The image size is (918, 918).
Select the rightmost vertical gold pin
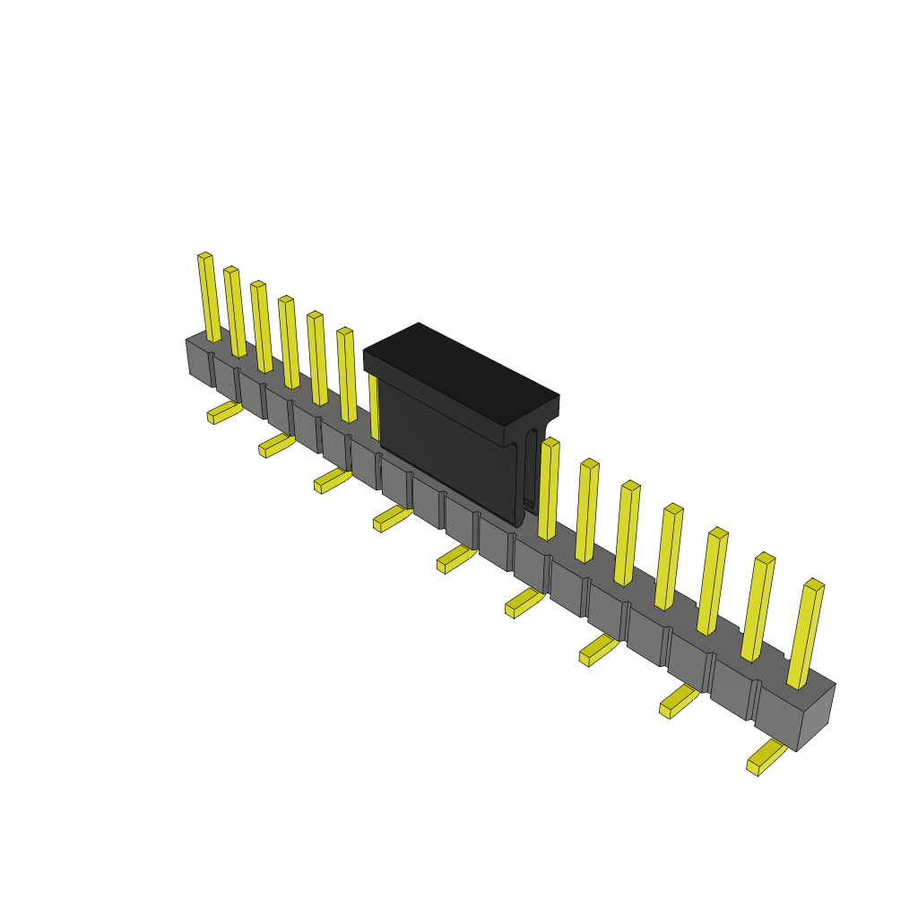click(805, 637)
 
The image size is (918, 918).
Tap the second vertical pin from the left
click(235, 312)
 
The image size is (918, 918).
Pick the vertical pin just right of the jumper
click(547, 489)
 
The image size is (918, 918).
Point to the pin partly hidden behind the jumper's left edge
click(373, 403)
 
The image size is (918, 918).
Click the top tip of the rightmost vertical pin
click(814, 585)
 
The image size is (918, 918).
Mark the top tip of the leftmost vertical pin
click(205, 256)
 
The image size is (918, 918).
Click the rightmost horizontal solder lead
click(766, 757)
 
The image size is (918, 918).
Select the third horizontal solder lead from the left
click(332, 481)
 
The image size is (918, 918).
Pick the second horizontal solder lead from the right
click(679, 700)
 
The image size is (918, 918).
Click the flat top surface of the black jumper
click(461, 371)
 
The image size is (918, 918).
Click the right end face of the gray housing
click(816, 717)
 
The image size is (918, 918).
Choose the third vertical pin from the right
click(713, 583)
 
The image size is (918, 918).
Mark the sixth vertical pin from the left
click(346, 375)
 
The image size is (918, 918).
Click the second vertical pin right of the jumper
click(586, 511)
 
